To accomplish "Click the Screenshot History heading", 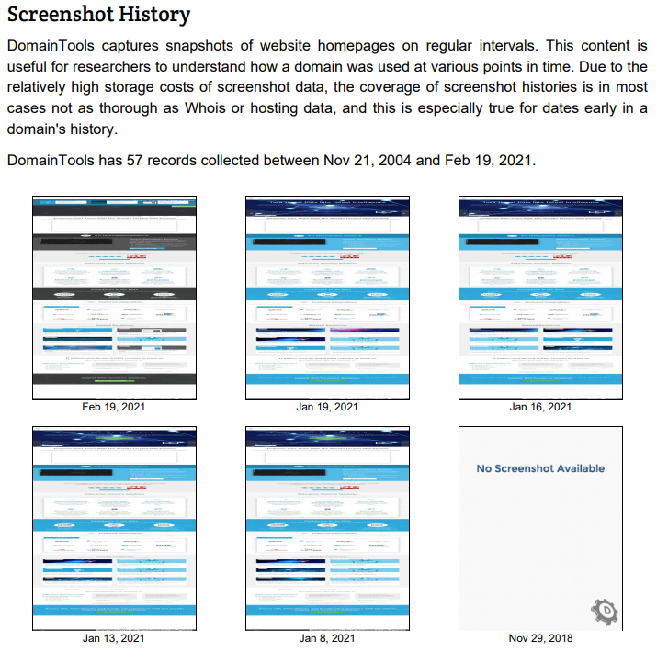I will pyautogui.click(x=98, y=16).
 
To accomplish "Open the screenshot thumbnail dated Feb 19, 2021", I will pyautogui.click(x=114, y=297).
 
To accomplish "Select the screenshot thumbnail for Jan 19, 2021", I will pyautogui.click(x=328, y=297).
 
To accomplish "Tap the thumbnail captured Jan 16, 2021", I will pyautogui.click(x=540, y=297).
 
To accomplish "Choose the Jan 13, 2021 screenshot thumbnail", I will pyautogui.click(x=114, y=527).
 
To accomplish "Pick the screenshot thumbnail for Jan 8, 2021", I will pyautogui.click(x=328, y=527).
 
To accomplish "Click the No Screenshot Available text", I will pyautogui.click(x=540, y=468).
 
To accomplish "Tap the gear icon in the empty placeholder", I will pyautogui.click(x=605, y=611).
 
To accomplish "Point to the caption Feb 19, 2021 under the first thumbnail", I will pyautogui.click(x=114, y=407).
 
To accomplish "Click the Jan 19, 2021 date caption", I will pyautogui.click(x=328, y=407).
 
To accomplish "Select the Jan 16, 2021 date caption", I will pyautogui.click(x=540, y=407).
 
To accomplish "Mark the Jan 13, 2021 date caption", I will pyautogui.click(x=114, y=638).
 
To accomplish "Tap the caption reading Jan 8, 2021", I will pyautogui.click(x=328, y=638).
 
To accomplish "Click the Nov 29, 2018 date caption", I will pyautogui.click(x=540, y=638).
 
